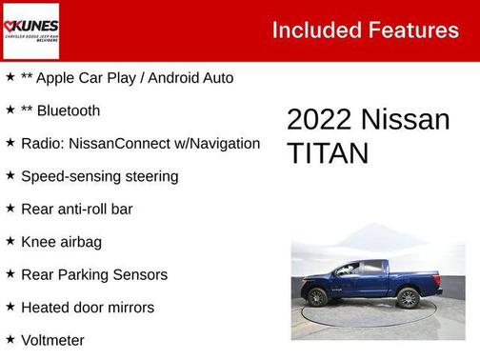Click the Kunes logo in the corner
(30, 30)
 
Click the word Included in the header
(316, 30)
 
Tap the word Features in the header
(413, 30)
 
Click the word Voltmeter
(52, 340)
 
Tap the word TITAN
(328, 153)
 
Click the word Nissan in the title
(405, 120)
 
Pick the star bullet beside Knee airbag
(10, 241)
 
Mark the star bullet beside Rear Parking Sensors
(10, 274)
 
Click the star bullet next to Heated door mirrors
(10, 307)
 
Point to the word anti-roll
(87, 209)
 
